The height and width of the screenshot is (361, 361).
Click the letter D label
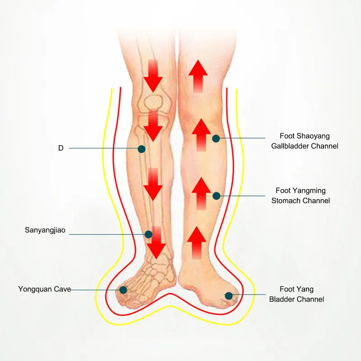pyautogui.click(x=61, y=148)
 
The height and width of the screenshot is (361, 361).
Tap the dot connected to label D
pyautogui.click(x=142, y=149)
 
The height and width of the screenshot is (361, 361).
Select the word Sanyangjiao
pyautogui.click(x=45, y=230)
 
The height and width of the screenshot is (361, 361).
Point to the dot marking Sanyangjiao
pyautogui.click(x=148, y=234)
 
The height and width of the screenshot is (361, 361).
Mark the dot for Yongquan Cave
pyautogui.click(x=123, y=290)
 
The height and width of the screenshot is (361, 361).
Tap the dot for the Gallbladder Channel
pyautogui.click(x=216, y=139)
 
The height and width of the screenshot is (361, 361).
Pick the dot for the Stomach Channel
pyautogui.click(x=217, y=196)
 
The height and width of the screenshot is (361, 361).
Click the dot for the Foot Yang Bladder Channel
pyautogui.click(x=229, y=296)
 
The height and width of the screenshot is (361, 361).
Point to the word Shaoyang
pyautogui.click(x=315, y=136)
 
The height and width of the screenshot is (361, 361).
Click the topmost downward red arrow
pyautogui.click(x=153, y=76)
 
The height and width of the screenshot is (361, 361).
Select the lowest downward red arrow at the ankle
pyautogui.click(x=156, y=243)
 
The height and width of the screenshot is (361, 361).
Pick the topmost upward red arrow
pyautogui.click(x=198, y=76)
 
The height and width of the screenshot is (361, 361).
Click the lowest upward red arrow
pyautogui.click(x=197, y=243)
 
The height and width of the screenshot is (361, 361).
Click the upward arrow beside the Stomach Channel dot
pyautogui.click(x=201, y=194)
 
